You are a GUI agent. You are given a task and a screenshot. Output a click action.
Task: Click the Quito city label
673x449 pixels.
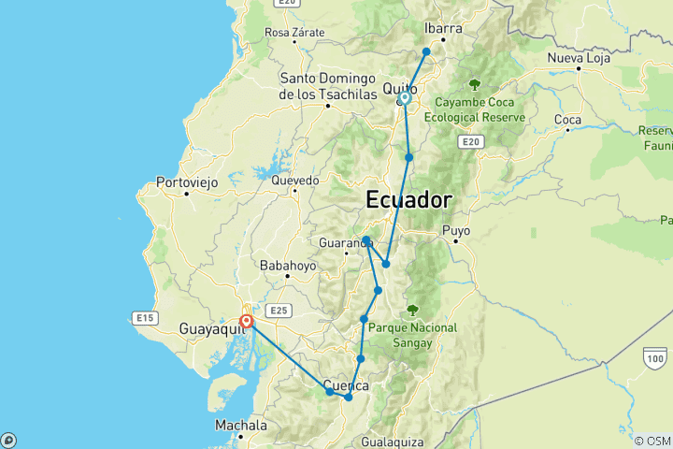pyautogui.click(x=399, y=89)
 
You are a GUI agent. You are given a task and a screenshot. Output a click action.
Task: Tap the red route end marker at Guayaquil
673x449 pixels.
pyautogui.click(x=246, y=321)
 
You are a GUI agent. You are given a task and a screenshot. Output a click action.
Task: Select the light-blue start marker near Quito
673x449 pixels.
pyautogui.click(x=405, y=97)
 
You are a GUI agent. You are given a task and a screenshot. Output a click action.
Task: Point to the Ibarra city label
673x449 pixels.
pyautogui.click(x=443, y=28)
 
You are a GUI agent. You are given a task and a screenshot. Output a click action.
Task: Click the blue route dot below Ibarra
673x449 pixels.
pyautogui.click(x=426, y=51)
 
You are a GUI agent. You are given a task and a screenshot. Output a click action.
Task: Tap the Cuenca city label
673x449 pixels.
pyautogui.click(x=347, y=385)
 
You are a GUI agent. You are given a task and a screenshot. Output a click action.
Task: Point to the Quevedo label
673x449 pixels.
pyautogui.click(x=295, y=180)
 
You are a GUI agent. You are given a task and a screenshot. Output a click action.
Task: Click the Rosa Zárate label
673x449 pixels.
pyautogui.click(x=294, y=32)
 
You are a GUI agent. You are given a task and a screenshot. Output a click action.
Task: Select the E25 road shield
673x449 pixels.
pyautogui.click(x=278, y=310)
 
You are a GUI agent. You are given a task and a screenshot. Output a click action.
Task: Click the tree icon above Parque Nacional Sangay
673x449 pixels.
pyautogui.click(x=412, y=311)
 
